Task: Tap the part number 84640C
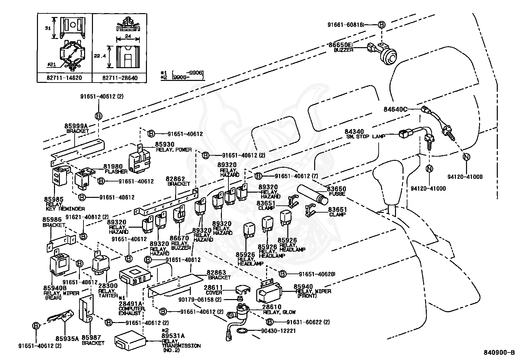(x=395, y=109)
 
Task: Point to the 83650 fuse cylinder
(x=313, y=193)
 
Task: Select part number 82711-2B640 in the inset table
(x=120, y=78)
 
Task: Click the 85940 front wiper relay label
(x=303, y=287)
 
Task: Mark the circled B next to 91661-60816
(x=382, y=25)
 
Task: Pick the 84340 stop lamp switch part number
(x=354, y=132)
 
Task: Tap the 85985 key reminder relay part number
(x=54, y=199)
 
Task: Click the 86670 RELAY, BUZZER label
(x=179, y=243)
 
